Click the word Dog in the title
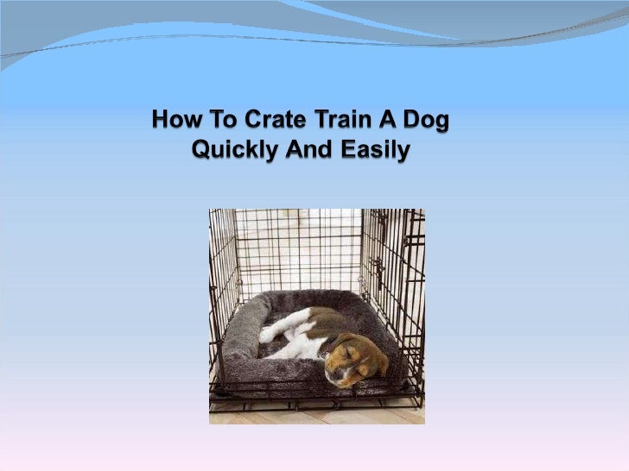coord(428,122)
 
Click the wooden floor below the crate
coord(294,414)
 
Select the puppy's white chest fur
coord(298,345)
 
